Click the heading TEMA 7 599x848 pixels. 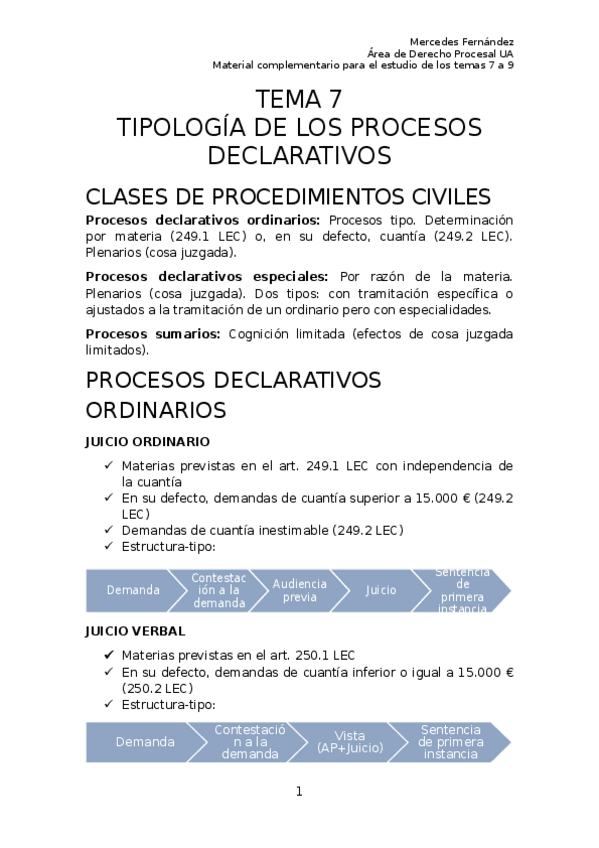(299, 100)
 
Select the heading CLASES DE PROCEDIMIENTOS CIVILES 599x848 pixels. (288, 195)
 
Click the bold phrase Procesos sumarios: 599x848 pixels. (152, 333)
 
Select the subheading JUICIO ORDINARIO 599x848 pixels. (147, 441)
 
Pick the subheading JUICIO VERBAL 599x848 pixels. (135, 631)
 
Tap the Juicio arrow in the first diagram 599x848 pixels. (381, 590)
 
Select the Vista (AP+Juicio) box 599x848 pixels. (350, 742)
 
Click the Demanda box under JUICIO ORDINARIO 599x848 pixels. (133, 590)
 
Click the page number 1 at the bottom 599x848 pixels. (298, 792)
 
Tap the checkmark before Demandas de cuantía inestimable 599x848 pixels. (109, 530)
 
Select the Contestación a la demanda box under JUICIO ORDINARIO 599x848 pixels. (219, 590)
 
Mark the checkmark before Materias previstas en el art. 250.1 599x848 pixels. (109, 654)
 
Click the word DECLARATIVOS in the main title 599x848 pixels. (299, 156)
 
